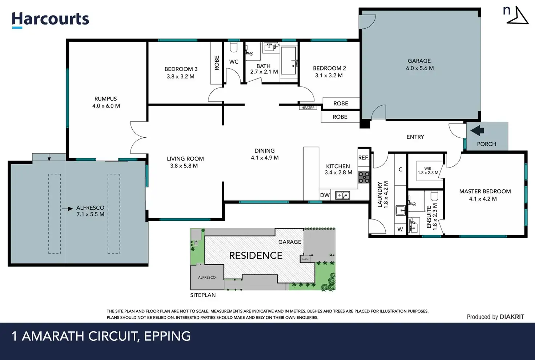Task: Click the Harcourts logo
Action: click(51, 20)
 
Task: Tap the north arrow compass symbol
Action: click(517, 15)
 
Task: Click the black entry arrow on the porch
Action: click(477, 130)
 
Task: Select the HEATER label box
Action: click(308, 108)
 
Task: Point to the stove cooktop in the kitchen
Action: click(363, 178)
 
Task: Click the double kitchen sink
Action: click(342, 195)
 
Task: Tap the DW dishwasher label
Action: click(325, 195)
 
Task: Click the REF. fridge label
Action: click(363, 158)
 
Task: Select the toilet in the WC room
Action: click(233, 47)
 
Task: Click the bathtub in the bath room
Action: click(289, 61)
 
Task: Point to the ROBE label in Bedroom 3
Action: click(217, 63)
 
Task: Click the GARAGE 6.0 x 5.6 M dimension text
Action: click(420, 68)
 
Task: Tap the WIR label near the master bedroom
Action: click(428, 168)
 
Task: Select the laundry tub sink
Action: click(401, 210)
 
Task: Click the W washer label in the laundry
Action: click(400, 230)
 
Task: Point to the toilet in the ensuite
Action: click(434, 196)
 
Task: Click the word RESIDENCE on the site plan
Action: click(256, 255)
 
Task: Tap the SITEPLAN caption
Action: click(203, 295)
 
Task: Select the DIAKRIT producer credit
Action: click(512, 317)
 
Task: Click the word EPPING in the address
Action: click(168, 336)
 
